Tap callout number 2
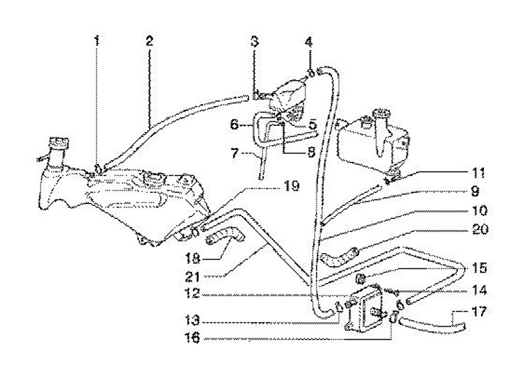[x=148, y=40]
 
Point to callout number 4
[x=309, y=41]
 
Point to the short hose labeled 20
[x=337, y=256]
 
